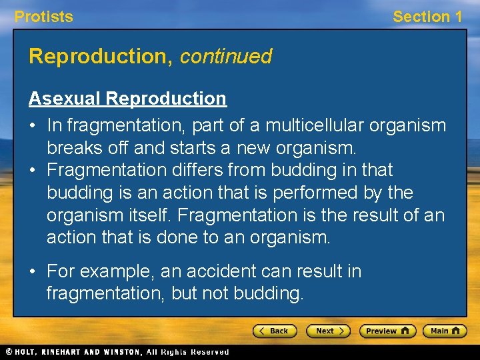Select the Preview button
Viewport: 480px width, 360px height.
tap(387, 331)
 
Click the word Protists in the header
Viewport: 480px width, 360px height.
tap(44, 17)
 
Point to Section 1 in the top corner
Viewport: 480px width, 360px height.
tap(427, 17)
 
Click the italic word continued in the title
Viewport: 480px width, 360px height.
tap(225, 57)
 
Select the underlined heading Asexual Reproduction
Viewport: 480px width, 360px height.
tap(127, 99)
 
